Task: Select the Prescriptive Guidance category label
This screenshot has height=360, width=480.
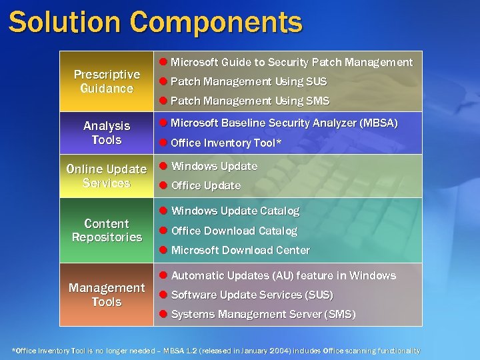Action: pos(107,81)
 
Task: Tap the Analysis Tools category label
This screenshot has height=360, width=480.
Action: pos(107,133)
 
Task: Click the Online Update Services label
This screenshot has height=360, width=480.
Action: pos(107,176)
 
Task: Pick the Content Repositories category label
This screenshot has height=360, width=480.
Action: pos(107,230)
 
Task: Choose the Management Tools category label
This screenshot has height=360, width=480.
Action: pos(107,295)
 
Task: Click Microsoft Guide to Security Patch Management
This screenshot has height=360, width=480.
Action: pos(292,62)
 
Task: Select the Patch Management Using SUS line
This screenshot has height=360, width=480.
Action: pos(249,81)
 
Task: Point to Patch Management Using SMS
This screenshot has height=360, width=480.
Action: pos(250,101)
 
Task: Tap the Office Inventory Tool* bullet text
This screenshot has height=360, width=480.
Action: pos(226,143)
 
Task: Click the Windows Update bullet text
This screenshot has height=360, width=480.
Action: pos(214,166)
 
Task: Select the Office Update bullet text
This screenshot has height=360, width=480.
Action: pos(205,185)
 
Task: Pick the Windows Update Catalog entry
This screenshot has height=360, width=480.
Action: pos(235,211)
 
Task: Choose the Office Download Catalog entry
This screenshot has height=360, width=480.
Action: pos(234,231)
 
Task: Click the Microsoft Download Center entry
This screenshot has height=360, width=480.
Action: pos(240,250)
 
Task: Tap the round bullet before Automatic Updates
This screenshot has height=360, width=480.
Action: pos(163,275)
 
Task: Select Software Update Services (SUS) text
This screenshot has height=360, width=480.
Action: pos(252,295)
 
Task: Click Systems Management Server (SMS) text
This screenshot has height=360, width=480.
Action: pos(263,314)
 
